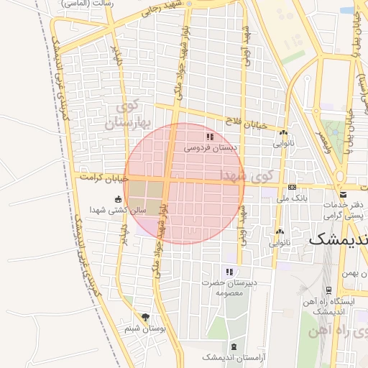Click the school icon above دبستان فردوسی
point(209,136)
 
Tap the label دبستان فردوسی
point(210,147)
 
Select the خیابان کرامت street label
point(104,176)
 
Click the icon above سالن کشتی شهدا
point(118,199)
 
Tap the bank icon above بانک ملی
point(291,186)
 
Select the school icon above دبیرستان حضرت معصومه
point(229,272)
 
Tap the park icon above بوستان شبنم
point(146,317)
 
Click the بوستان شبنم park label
point(145,328)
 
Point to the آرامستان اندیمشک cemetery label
point(224,357)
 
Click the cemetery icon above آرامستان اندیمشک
point(232,346)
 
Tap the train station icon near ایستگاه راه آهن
point(328,290)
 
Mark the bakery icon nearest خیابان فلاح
point(283,132)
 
